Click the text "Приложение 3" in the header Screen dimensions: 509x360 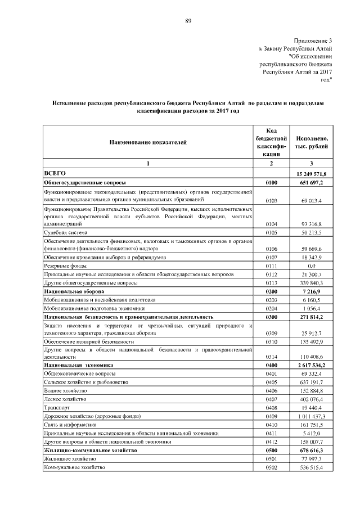(313, 40)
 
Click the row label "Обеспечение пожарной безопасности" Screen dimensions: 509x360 (89, 341)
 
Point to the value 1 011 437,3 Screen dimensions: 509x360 (317, 416)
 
